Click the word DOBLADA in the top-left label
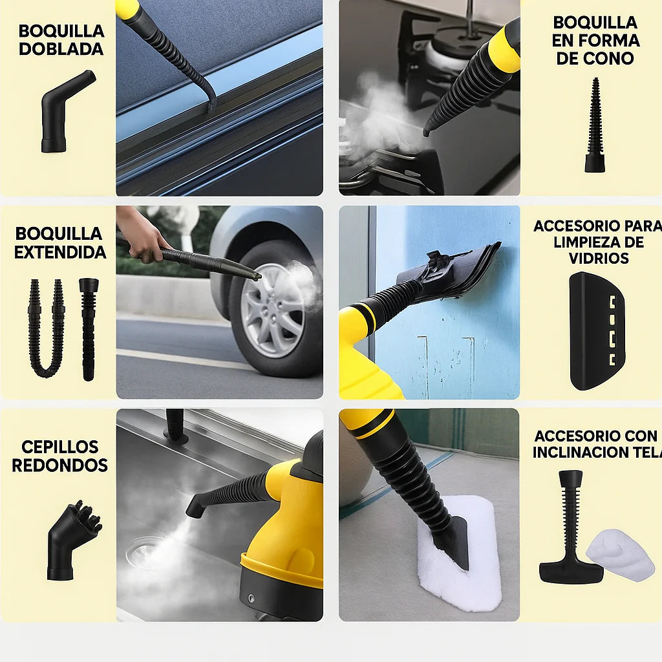tap(61, 49)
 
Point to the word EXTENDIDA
tap(60, 252)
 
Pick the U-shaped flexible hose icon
tap(46, 330)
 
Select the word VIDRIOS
tap(599, 258)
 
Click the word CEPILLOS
tap(59, 447)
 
